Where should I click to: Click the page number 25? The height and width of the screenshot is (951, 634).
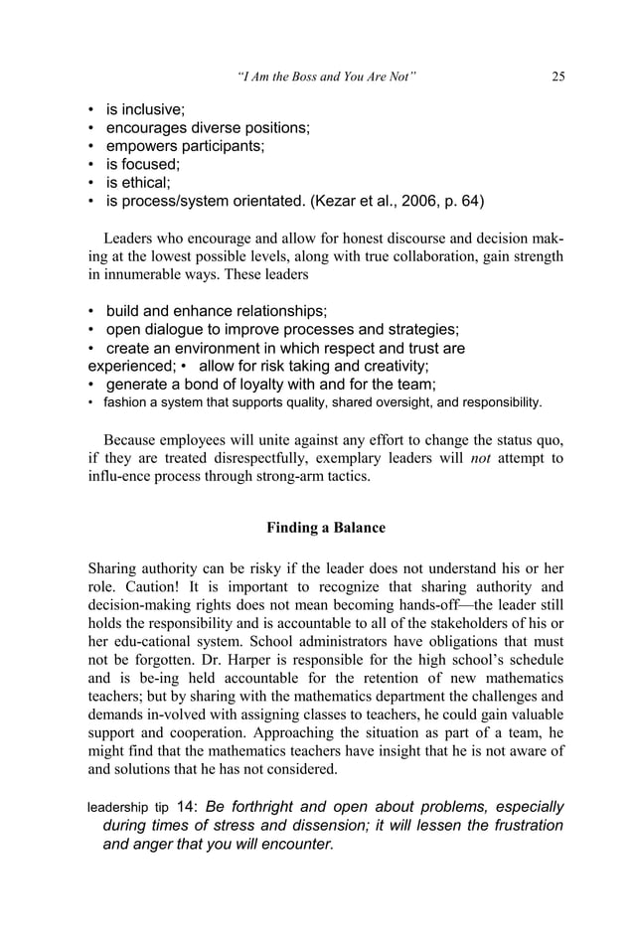pyautogui.click(x=557, y=78)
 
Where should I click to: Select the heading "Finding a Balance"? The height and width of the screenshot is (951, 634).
pyautogui.click(x=326, y=528)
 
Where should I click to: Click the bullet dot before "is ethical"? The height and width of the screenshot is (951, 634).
pyautogui.click(x=91, y=183)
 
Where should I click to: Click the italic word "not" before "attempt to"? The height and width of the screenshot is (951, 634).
pyautogui.click(x=482, y=458)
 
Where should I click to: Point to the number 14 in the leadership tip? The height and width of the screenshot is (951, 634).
pyautogui.click(x=186, y=807)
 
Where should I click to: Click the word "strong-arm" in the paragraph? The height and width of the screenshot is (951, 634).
pyautogui.click(x=294, y=477)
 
